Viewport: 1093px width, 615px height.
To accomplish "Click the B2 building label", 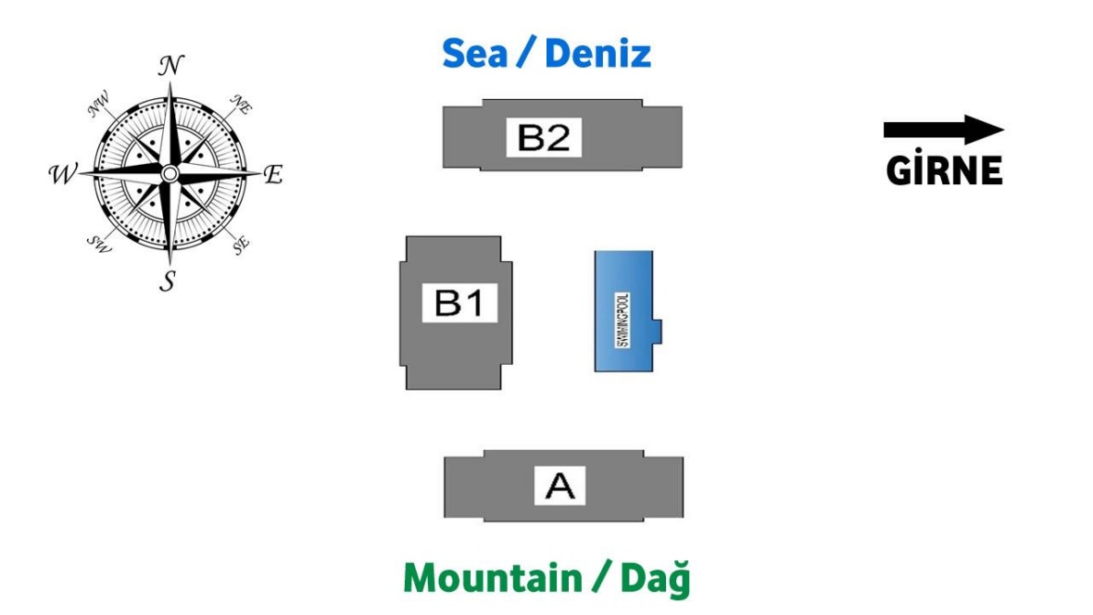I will tap(544, 138).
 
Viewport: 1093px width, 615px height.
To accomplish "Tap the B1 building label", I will tap(459, 303).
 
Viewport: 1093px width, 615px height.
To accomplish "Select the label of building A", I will tap(560, 485).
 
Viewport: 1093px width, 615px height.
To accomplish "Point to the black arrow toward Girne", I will tap(943, 131).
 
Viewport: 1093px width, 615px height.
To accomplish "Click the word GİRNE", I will tap(944, 170).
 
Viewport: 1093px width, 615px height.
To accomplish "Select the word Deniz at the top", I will tap(597, 54).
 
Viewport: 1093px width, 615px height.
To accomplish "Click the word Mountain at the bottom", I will tap(490, 578).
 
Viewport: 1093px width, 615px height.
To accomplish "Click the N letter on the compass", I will tap(170, 66).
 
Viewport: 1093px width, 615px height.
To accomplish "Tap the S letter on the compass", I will tap(168, 281).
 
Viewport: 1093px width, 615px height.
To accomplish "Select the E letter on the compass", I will tap(272, 174).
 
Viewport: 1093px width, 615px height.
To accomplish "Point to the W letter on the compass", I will tap(63, 173).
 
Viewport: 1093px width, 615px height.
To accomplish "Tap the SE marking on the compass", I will tap(241, 245).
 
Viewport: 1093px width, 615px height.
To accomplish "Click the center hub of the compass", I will tap(170, 173).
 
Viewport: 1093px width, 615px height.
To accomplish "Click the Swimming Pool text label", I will tap(622, 320).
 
